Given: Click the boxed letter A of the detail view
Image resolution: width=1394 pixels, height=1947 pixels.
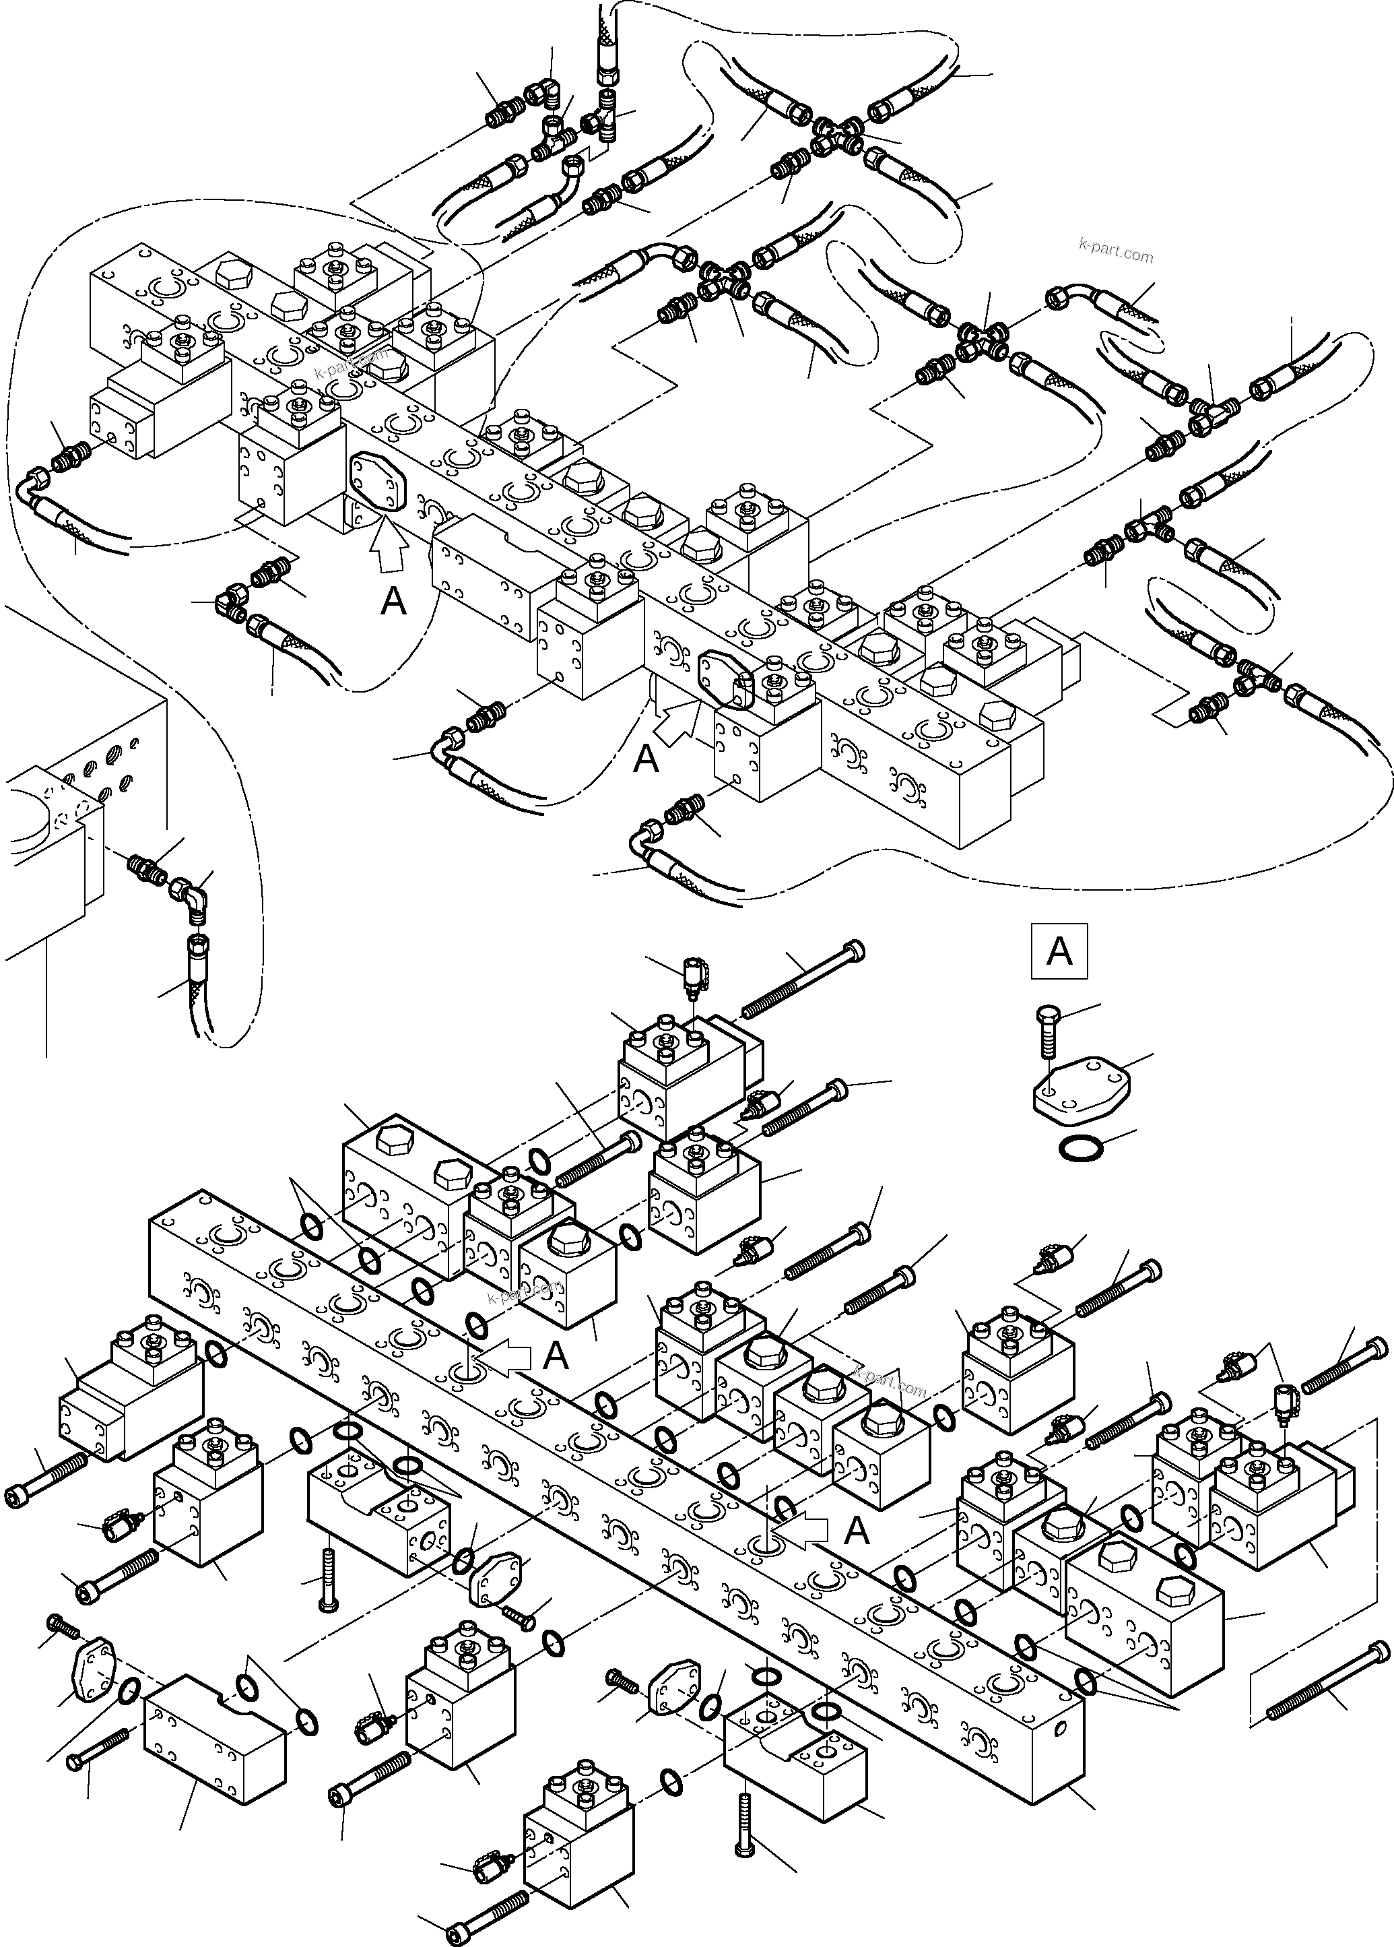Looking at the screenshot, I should coord(1059,951).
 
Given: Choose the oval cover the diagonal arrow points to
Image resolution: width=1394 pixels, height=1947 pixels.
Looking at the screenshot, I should coord(725,678).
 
